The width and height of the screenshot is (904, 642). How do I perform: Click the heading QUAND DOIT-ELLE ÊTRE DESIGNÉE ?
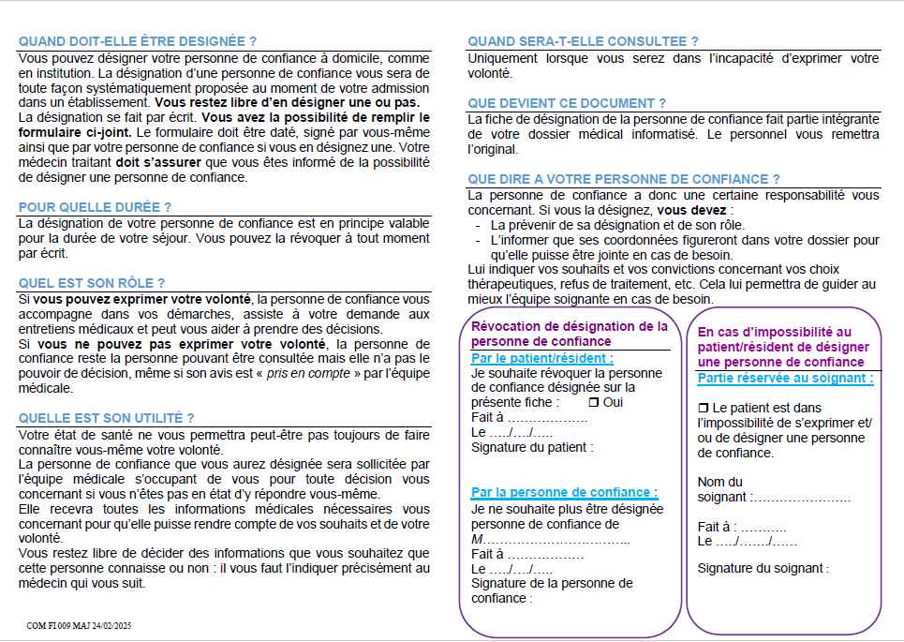click(138, 41)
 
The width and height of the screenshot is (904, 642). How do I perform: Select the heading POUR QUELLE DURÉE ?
click(96, 207)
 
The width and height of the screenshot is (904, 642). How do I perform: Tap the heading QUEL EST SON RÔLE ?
click(92, 282)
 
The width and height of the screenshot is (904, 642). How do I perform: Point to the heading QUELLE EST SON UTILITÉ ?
click(107, 418)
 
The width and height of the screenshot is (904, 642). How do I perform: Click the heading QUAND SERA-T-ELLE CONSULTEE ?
click(583, 41)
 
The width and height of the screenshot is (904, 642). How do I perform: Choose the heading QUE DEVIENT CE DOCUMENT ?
click(567, 103)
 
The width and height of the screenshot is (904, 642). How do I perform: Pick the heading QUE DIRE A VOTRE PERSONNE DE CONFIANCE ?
click(624, 179)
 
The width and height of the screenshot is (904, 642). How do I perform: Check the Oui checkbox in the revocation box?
click(593, 402)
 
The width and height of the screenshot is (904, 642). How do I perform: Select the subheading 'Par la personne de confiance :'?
click(564, 492)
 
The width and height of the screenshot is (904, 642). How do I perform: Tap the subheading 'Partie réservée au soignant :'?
click(785, 379)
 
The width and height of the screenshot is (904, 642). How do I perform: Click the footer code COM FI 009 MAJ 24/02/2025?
click(80, 625)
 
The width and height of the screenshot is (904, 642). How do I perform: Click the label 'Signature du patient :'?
click(532, 447)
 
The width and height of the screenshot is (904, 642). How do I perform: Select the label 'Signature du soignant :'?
click(763, 568)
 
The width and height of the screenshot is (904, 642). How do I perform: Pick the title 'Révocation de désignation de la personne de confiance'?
click(569, 334)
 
